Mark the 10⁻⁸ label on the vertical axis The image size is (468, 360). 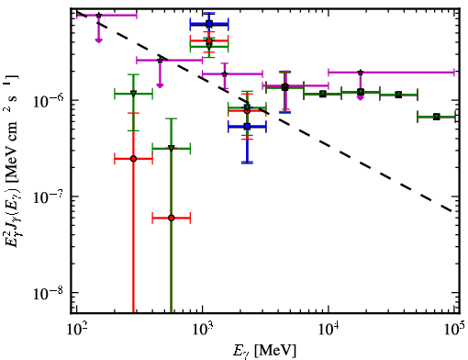pyautogui.click(x=49, y=292)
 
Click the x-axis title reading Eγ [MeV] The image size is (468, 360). pyautogui.click(x=265, y=351)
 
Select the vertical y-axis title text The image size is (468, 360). pyautogui.click(x=12, y=161)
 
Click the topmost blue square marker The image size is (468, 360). pyautogui.click(x=209, y=24)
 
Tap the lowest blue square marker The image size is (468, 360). pyautogui.click(x=248, y=126)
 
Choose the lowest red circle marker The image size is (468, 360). pyautogui.click(x=172, y=218)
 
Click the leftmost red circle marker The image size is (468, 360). pyautogui.click(x=133, y=159)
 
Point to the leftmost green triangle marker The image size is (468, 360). pyautogui.click(x=133, y=94)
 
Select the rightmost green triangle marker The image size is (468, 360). pyautogui.click(x=437, y=117)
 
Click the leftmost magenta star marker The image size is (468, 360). pyautogui.click(x=99, y=15)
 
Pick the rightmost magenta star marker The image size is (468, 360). pyautogui.click(x=361, y=73)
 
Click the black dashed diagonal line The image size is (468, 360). pyautogui.click(x=264, y=111)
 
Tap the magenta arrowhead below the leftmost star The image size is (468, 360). pyautogui.click(x=98, y=40)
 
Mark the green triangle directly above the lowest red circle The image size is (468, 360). pyautogui.click(x=172, y=148)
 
